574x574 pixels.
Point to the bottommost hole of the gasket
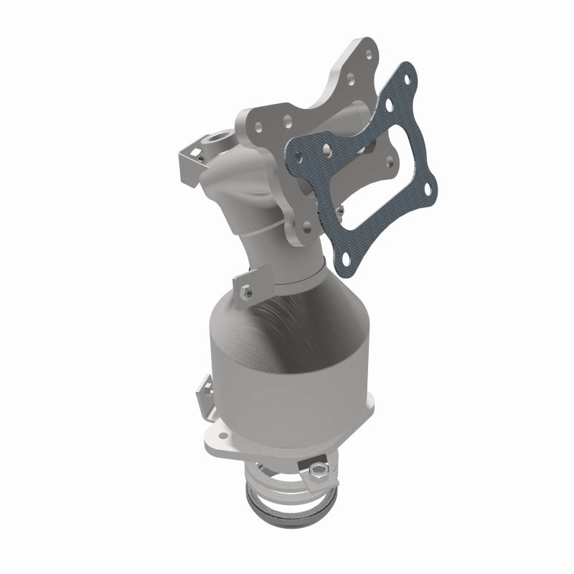[349, 255]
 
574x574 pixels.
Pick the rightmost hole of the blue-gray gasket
[429, 189]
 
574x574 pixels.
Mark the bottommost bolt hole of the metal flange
[307, 225]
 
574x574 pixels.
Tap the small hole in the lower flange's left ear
[211, 438]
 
